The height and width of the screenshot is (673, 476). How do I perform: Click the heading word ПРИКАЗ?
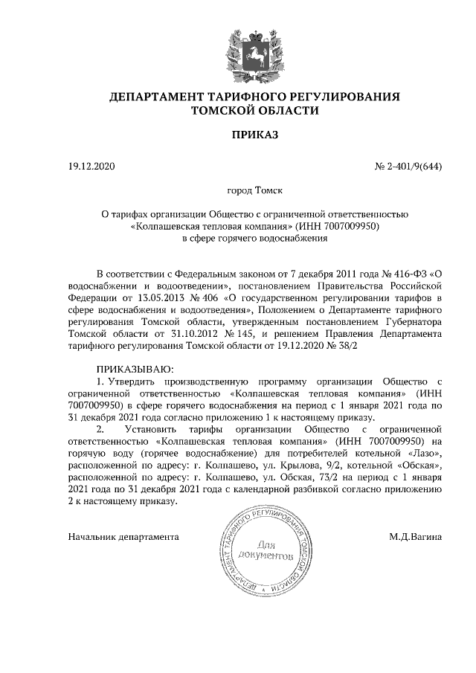pos(238,135)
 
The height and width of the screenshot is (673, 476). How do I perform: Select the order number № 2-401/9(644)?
pos(408,167)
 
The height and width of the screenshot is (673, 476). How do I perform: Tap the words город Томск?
pos(238,191)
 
